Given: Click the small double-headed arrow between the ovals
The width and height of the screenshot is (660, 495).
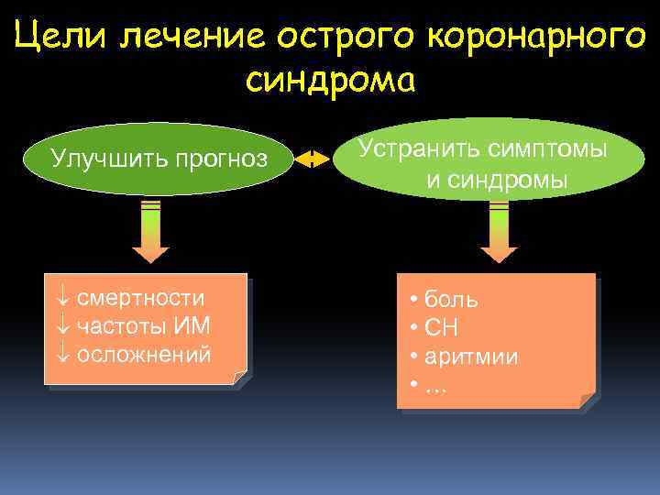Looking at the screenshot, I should point(313,159).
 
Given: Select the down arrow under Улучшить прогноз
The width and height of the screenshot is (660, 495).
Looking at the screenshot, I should point(151,230).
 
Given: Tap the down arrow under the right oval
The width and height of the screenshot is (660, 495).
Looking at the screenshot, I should point(499,230).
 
